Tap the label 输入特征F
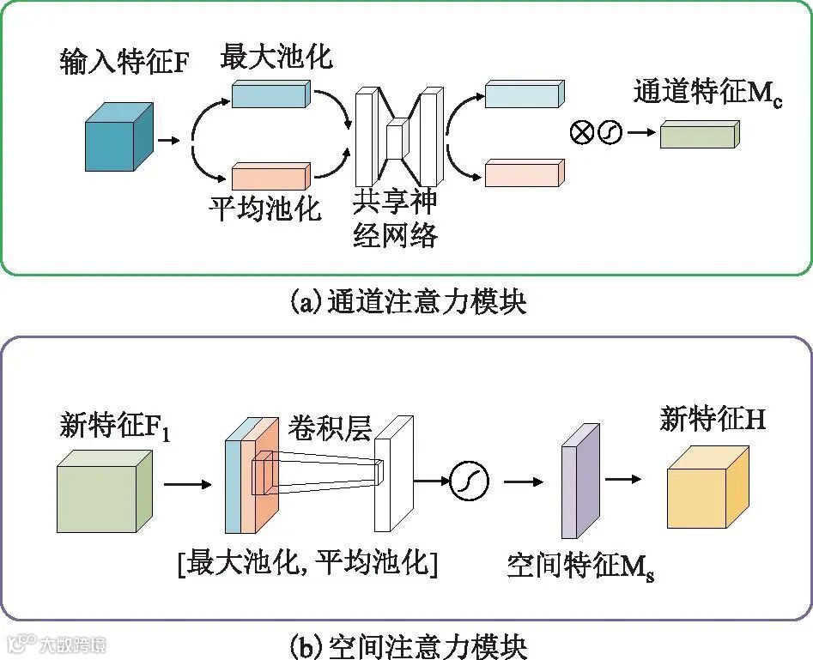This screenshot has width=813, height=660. coord(123,62)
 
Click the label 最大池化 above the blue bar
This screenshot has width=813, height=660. coord(276,57)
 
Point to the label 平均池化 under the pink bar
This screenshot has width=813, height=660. coord(264,209)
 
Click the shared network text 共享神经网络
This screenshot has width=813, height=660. coord(395,218)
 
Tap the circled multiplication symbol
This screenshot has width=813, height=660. coord(582,133)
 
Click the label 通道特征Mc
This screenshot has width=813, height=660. coord(707,92)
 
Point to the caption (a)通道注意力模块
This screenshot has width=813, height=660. coord(408,302)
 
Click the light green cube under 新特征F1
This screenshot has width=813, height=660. coord(103,493)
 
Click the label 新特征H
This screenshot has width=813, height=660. coord(713,420)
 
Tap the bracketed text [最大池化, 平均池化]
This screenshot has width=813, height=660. coord(306,564)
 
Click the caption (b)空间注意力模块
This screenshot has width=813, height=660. coord(408,644)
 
